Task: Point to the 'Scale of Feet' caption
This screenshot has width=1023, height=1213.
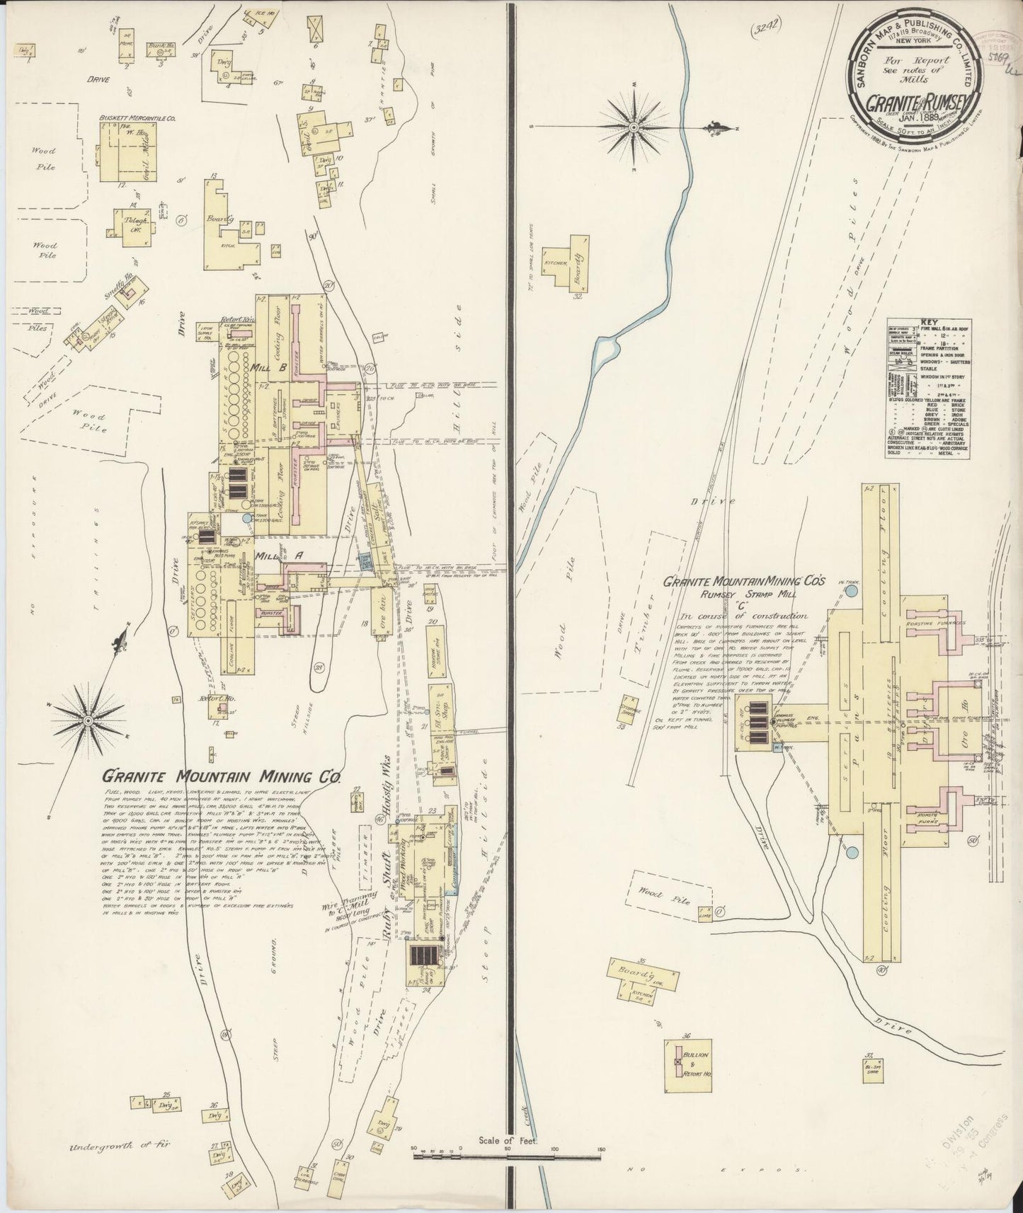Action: (509, 1160)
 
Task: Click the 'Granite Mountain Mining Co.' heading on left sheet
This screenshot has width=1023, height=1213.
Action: (220, 776)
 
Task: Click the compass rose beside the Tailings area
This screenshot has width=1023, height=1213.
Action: (88, 720)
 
